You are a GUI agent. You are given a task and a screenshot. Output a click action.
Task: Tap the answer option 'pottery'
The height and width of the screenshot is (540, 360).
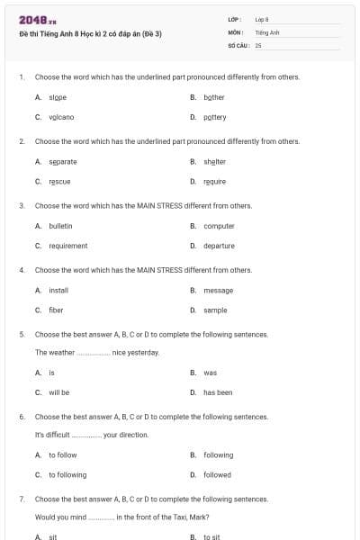click(x=215, y=117)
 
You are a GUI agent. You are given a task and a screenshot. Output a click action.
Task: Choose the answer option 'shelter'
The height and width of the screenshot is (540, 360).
click(x=214, y=161)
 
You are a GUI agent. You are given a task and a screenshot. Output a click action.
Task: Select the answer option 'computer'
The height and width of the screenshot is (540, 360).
click(x=219, y=226)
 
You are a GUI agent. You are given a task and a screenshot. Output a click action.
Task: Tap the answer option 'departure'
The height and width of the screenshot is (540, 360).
click(x=219, y=246)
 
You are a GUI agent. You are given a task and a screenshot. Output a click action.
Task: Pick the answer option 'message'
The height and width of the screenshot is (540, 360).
click(x=218, y=290)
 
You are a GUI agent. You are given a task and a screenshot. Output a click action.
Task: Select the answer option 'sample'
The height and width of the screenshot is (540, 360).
click(x=215, y=310)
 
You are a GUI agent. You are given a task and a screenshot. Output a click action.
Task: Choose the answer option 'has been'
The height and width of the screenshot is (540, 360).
click(x=218, y=392)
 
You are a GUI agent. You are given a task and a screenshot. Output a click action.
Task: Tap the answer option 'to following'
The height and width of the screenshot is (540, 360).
click(x=67, y=474)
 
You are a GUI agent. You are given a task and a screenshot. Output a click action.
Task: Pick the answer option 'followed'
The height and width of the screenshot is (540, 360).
click(x=217, y=474)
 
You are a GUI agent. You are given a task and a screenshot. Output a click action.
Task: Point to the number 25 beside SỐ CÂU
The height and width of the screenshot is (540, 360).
click(x=258, y=44)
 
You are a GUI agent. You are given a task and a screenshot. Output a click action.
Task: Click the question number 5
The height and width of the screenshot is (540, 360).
click(x=22, y=334)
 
